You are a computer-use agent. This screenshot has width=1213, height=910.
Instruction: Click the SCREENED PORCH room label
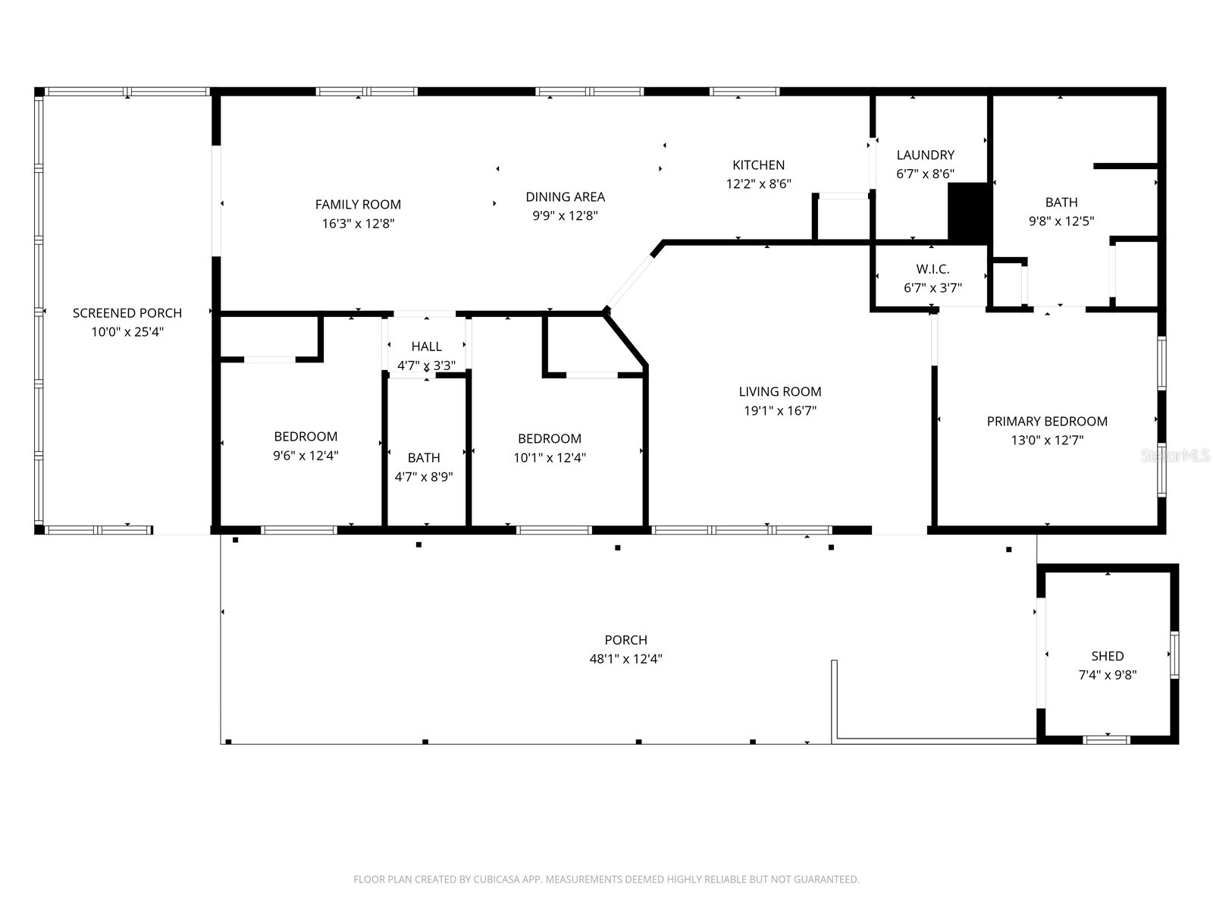coord(127,312)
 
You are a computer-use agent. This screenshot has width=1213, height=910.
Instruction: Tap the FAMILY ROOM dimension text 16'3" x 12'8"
coord(358,224)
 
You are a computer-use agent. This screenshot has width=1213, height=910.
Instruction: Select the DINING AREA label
coord(565,196)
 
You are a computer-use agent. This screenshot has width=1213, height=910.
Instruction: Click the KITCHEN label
coord(758,165)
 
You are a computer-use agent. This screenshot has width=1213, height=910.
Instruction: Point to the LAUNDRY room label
coord(925,155)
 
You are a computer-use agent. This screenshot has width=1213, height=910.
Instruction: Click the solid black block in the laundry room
coord(969,212)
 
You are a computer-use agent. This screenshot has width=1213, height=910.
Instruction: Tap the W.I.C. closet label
coord(932,269)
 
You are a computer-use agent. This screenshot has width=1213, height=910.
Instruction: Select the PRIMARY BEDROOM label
coord(1047,421)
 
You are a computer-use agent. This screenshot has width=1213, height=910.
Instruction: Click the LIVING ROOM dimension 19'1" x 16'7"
coord(780,411)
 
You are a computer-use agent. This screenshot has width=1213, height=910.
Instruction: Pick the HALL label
coord(426,347)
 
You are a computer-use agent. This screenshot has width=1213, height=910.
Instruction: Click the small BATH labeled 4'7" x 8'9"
coord(424,457)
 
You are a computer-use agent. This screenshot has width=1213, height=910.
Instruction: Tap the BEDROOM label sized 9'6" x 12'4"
coord(306,436)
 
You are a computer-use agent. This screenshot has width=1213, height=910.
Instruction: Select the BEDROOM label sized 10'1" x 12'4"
coord(550,438)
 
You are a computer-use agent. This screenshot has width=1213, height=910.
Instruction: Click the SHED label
coord(1107,656)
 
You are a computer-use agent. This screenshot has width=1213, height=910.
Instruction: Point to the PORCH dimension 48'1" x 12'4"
coord(625,659)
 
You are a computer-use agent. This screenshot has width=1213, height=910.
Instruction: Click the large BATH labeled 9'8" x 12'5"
coord(1061,202)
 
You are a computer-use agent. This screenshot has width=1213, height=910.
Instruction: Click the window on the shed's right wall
coord(1174,654)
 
